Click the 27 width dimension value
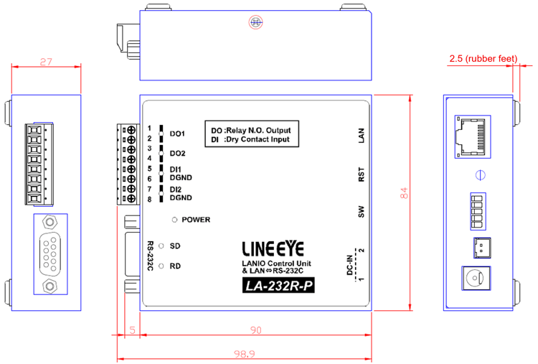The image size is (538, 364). pyautogui.click(x=46, y=62)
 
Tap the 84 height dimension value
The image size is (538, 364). pyautogui.click(x=404, y=193)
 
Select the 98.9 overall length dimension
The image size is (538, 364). pyautogui.click(x=245, y=354)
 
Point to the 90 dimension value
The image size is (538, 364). pyautogui.click(x=256, y=330)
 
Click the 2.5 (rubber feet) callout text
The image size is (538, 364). pyautogui.click(x=483, y=59)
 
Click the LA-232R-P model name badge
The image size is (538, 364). pyautogui.click(x=278, y=286)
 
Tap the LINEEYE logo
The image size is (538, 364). pyautogui.click(x=273, y=248)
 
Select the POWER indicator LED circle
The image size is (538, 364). pyautogui.click(x=174, y=220)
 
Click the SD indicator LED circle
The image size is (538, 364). pyautogui.click(x=161, y=246)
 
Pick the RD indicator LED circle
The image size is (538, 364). pyautogui.click(x=161, y=266)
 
